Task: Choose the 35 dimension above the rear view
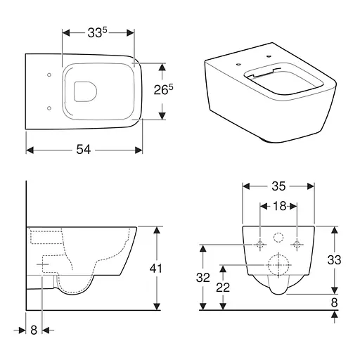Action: pos(278,187)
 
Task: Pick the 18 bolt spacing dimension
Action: pos(278,207)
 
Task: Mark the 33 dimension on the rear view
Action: pos(335,260)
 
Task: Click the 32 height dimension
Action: pos(202,278)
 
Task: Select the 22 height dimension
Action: pos(224,288)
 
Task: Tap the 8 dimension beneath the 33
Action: pos(335,302)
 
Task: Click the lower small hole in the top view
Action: pos(48,108)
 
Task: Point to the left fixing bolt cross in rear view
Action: pos(260,245)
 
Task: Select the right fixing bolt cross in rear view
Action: pos(297,245)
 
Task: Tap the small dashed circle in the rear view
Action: pos(278,237)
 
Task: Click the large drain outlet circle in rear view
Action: pos(278,266)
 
